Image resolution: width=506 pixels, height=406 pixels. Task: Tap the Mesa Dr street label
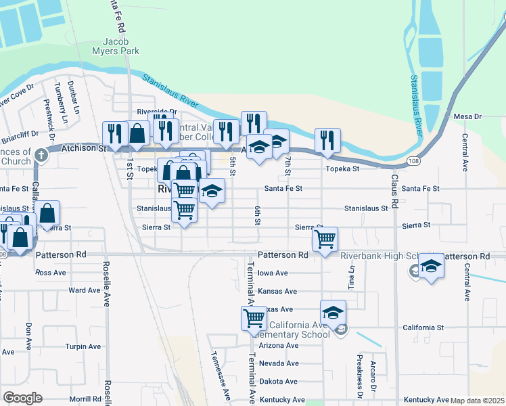point(467,117)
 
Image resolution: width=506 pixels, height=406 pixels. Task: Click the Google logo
point(22,397)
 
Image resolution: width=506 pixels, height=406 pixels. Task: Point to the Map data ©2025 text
point(477,401)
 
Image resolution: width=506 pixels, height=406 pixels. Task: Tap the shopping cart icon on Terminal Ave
point(254,317)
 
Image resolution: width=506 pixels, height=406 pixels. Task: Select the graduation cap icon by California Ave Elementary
point(333,311)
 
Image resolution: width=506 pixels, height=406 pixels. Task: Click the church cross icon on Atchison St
point(41,155)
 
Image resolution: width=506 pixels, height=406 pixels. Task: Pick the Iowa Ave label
point(273,273)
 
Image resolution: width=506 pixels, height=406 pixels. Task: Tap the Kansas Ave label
point(277,292)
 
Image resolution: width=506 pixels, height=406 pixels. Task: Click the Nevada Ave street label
point(278,363)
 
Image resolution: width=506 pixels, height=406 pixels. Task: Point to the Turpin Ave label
point(83,346)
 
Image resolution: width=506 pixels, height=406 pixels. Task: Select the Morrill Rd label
point(85,400)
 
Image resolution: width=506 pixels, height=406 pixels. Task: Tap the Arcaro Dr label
point(373,371)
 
